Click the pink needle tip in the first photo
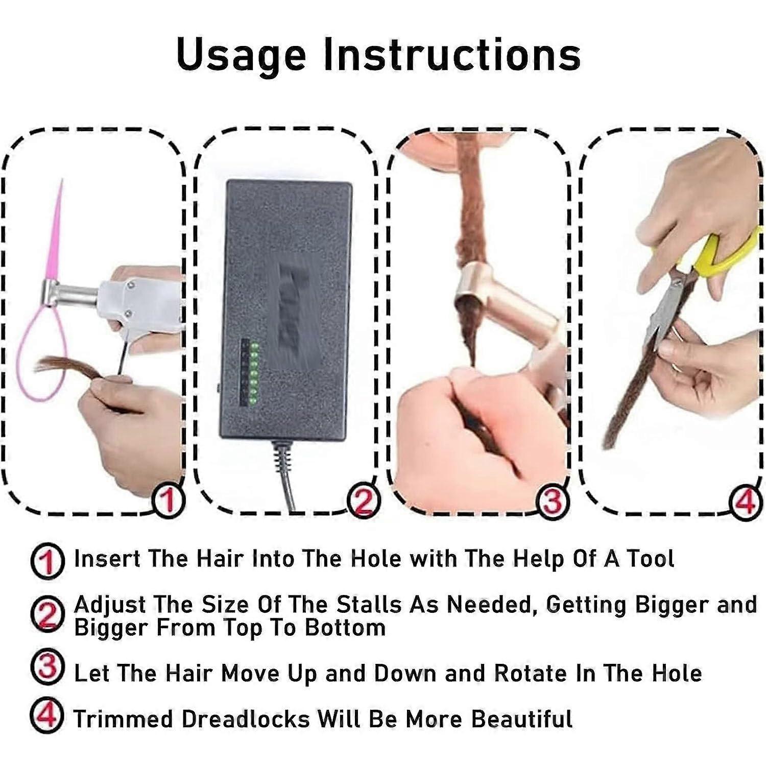(62, 181)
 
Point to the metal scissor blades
(666, 306)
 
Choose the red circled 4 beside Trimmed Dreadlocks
(47, 717)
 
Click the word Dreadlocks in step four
(246, 719)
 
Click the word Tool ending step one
(650, 559)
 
